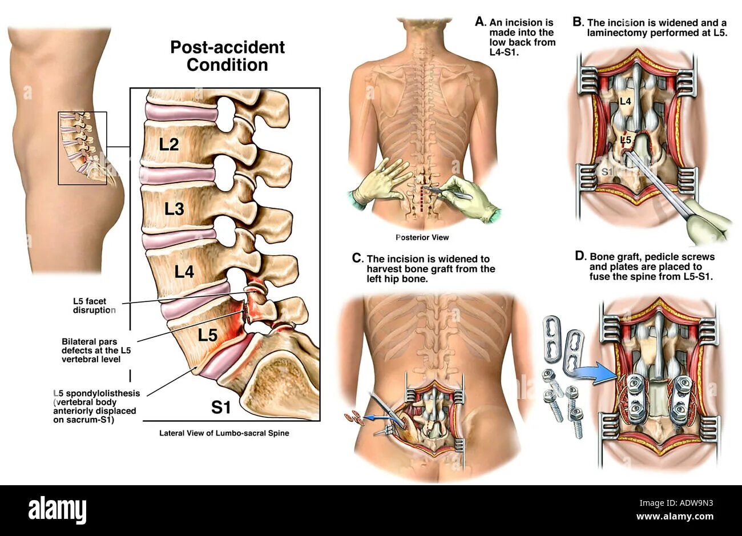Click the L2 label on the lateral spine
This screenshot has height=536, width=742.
click(169, 144)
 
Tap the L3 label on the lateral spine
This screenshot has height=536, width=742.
click(174, 209)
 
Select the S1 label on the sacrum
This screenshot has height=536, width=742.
click(221, 407)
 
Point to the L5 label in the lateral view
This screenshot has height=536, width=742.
click(207, 335)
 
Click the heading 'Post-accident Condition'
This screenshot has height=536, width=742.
click(227, 55)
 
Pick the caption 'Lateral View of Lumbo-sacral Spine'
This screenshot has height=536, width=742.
click(224, 433)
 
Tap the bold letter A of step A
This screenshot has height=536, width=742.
click(480, 22)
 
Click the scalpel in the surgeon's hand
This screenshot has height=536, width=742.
click(451, 192)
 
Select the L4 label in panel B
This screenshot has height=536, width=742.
click(625, 101)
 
